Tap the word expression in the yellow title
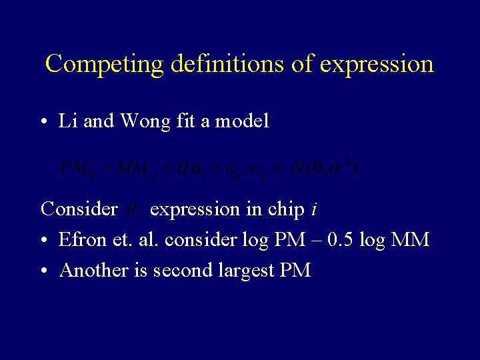coord(377,64)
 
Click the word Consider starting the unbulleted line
coord(79,209)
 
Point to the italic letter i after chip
coord(315,209)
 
